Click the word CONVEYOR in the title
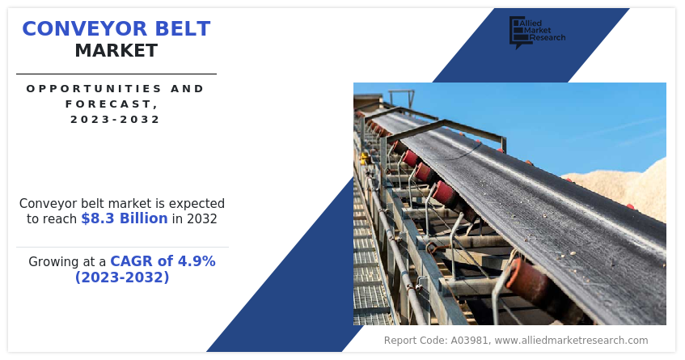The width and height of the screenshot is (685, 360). pyautogui.click(x=85, y=29)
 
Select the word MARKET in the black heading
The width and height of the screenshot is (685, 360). pyautogui.click(x=116, y=51)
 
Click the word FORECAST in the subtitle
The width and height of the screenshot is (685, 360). pyautogui.click(x=108, y=104)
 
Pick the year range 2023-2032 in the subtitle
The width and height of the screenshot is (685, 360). pyautogui.click(x=116, y=119)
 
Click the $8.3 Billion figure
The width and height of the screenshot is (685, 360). pyautogui.click(x=125, y=218)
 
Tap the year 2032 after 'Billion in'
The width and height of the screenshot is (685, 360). pyautogui.click(x=202, y=218)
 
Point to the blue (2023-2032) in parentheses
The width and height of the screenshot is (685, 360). pyautogui.click(x=122, y=277)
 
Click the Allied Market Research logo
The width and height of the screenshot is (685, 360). pyautogui.click(x=537, y=32)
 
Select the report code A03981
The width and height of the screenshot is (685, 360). pyautogui.click(x=469, y=341)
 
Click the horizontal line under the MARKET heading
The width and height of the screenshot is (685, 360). pyautogui.click(x=116, y=74)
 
